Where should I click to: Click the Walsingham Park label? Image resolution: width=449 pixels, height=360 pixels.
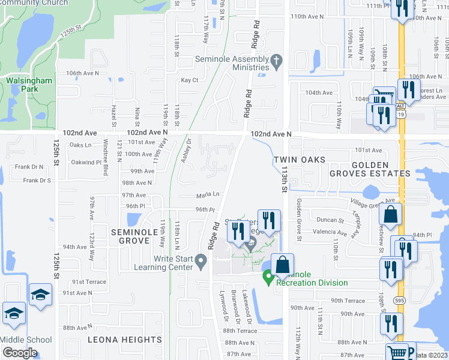click(29, 85)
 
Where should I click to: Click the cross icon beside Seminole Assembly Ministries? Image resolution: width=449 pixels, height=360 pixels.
click(276, 60)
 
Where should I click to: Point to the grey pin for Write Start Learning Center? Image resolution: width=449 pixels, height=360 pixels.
click(202, 260)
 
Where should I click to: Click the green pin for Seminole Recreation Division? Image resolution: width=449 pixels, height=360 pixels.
click(268, 278)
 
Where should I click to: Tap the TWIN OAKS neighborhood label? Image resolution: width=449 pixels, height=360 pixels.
click(300, 160)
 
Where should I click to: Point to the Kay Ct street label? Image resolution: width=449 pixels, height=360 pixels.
click(190, 80)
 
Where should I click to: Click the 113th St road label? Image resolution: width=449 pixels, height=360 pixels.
click(283, 179)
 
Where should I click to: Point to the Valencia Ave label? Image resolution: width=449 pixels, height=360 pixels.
click(330, 232)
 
